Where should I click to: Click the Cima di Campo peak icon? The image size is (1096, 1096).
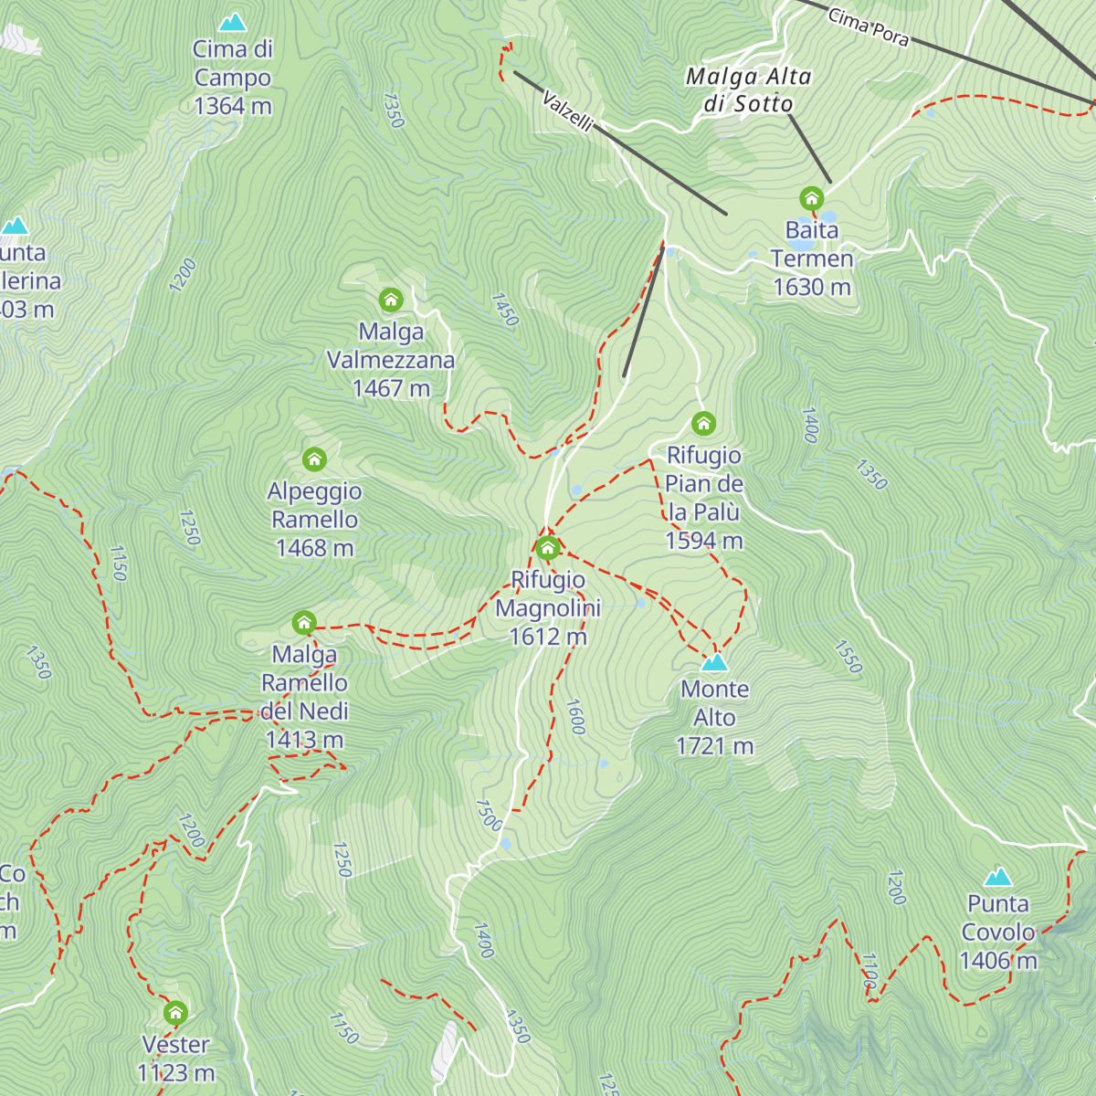233,22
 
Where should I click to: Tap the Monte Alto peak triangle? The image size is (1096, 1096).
715,662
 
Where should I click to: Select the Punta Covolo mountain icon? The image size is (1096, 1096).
998,878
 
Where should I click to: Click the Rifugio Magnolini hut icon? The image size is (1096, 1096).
547,548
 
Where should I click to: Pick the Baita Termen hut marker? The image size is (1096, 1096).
811,198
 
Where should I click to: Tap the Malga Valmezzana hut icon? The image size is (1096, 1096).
391,300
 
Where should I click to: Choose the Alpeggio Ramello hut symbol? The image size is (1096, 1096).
314,458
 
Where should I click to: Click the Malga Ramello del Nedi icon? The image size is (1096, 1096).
304,623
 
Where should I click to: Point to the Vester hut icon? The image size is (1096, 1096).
175,1013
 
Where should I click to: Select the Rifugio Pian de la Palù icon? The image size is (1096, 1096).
703,423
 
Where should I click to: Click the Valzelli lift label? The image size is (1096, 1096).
567,111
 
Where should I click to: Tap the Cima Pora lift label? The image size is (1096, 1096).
869,27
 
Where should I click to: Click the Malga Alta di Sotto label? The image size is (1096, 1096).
749,90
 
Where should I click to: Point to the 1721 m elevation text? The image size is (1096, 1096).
715,746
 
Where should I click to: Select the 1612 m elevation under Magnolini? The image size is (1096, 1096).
548,636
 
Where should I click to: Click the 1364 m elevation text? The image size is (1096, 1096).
233,106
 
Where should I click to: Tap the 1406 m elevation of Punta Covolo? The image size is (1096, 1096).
998,961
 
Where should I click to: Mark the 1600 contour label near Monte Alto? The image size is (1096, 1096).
575,717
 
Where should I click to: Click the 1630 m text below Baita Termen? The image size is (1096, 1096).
812,287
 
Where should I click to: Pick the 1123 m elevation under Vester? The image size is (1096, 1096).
176,1072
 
